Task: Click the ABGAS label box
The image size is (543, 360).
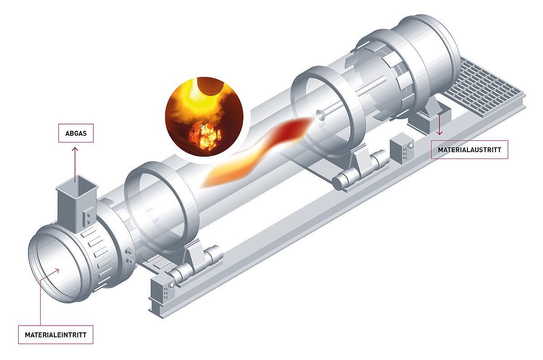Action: click(x=76, y=133)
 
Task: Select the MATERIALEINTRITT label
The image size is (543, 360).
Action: click(x=56, y=335)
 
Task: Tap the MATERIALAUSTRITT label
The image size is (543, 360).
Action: click(x=469, y=150)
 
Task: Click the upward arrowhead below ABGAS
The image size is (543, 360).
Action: click(x=75, y=149)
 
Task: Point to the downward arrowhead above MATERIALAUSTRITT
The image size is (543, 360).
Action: click(x=439, y=132)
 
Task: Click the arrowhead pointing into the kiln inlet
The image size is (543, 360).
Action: click(x=57, y=270)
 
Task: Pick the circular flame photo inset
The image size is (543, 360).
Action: click(x=204, y=117)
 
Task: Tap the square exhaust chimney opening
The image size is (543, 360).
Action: click(x=77, y=186)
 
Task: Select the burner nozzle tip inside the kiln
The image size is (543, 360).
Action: click(x=320, y=115)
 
